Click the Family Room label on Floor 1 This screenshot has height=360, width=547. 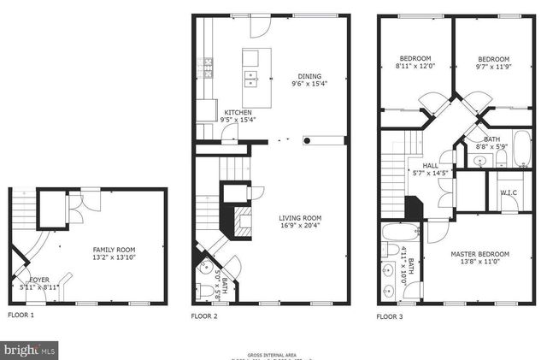[114, 250]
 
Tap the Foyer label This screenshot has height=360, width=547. [39, 279]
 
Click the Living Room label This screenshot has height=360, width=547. [300, 218]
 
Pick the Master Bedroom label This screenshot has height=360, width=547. [479, 254]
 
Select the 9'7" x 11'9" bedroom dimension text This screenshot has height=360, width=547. [492, 68]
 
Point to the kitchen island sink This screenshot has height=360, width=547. [251, 80]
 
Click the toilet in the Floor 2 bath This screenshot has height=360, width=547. [206, 292]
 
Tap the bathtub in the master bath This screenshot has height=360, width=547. [400, 232]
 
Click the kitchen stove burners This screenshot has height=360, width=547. [207, 63]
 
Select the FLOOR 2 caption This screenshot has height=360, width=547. [204, 316]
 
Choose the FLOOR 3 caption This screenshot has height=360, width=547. [391, 316]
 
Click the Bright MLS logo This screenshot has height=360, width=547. [31, 349]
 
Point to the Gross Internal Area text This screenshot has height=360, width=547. [273, 353]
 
